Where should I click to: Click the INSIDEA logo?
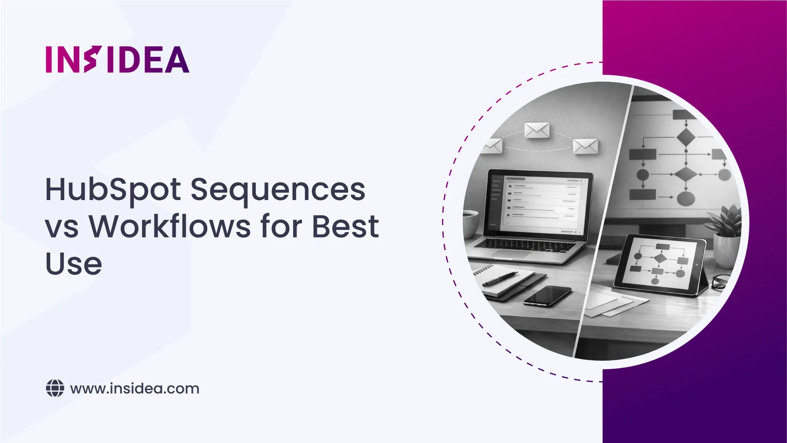(118, 59)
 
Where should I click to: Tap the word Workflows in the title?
(170, 226)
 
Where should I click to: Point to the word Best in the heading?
(346, 226)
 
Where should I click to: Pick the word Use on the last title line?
(74, 263)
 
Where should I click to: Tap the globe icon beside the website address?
(55, 389)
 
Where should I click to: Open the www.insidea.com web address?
(135, 389)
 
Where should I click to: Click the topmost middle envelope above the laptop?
(537, 130)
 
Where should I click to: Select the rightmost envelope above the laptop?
(585, 147)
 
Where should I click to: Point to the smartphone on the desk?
(547, 296)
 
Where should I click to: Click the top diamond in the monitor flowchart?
(685, 137)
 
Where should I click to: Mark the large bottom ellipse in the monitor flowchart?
(685, 199)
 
